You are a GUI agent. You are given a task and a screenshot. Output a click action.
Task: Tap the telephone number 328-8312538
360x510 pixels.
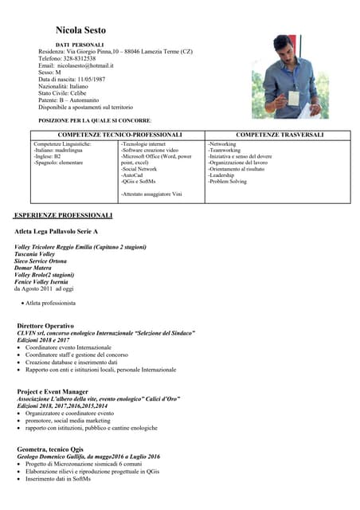pyautogui.click(x=80, y=58)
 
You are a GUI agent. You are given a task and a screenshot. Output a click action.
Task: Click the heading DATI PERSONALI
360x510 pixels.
pyautogui.click(x=80, y=44)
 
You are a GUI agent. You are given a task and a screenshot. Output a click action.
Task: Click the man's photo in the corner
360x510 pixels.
pyautogui.click(x=284, y=76)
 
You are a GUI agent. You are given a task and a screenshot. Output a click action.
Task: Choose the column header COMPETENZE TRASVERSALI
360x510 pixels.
pyautogui.click(x=280, y=135)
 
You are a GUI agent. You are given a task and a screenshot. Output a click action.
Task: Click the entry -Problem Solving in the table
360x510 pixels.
pyautogui.click(x=232, y=182)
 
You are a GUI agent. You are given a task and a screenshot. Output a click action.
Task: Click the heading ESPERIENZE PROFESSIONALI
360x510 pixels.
pyautogui.click(x=64, y=216)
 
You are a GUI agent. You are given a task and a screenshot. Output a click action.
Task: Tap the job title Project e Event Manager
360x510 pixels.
pyautogui.click(x=53, y=392)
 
